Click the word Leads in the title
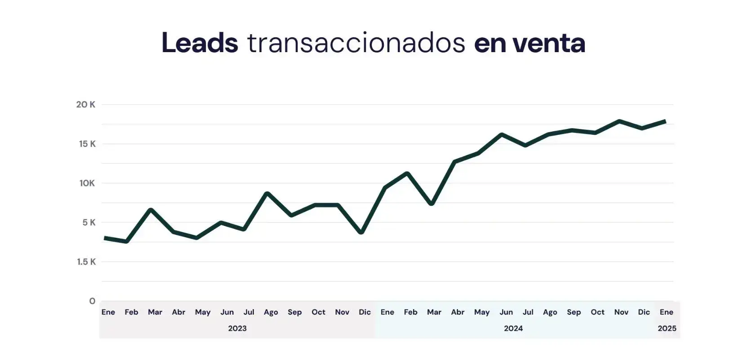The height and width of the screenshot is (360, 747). (200, 43)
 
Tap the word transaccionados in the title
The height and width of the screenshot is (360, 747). (356, 43)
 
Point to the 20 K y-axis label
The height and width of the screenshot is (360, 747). (85, 105)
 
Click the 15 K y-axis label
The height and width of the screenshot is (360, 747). (87, 144)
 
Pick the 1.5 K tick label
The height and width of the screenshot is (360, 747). (86, 262)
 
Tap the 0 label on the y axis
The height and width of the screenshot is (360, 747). (92, 301)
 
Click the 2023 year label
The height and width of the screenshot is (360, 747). (237, 329)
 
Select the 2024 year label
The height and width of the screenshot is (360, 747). (513, 329)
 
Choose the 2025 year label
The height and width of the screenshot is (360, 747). (667, 329)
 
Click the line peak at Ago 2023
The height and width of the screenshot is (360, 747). (267, 194)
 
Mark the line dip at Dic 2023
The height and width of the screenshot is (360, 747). (361, 232)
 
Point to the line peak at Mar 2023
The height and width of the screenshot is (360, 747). (151, 210)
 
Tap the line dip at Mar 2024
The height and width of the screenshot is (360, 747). (431, 204)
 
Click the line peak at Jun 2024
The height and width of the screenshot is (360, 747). (501, 134)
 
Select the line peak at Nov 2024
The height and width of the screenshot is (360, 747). (619, 121)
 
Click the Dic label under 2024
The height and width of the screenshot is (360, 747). (644, 312)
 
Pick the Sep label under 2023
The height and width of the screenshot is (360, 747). (294, 312)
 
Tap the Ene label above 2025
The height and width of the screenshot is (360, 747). (666, 312)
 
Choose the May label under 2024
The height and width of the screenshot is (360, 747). (481, 312)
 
